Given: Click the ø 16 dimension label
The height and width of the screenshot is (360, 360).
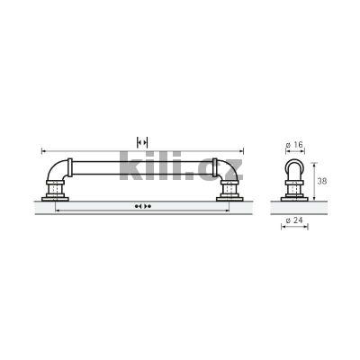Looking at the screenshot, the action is click(x=294, y=145).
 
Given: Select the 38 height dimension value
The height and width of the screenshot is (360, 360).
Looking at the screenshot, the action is click(x=322, y=181).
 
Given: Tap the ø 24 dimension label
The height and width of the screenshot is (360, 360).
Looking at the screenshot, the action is click(x=294, y=220).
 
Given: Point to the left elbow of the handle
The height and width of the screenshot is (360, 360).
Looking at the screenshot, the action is click(x=58, y=171).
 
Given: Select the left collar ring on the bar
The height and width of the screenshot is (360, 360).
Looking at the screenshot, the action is click(x=70, y=167).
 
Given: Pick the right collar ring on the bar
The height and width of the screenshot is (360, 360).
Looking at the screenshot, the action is click(x=215, y=167).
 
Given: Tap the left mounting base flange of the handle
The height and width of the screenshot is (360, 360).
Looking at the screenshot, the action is click(x=55, y=199).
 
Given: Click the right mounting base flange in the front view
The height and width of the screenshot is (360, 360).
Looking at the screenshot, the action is click(x=229, y=199).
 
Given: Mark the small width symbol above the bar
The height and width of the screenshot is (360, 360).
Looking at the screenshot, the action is click(x=142, y=142).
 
